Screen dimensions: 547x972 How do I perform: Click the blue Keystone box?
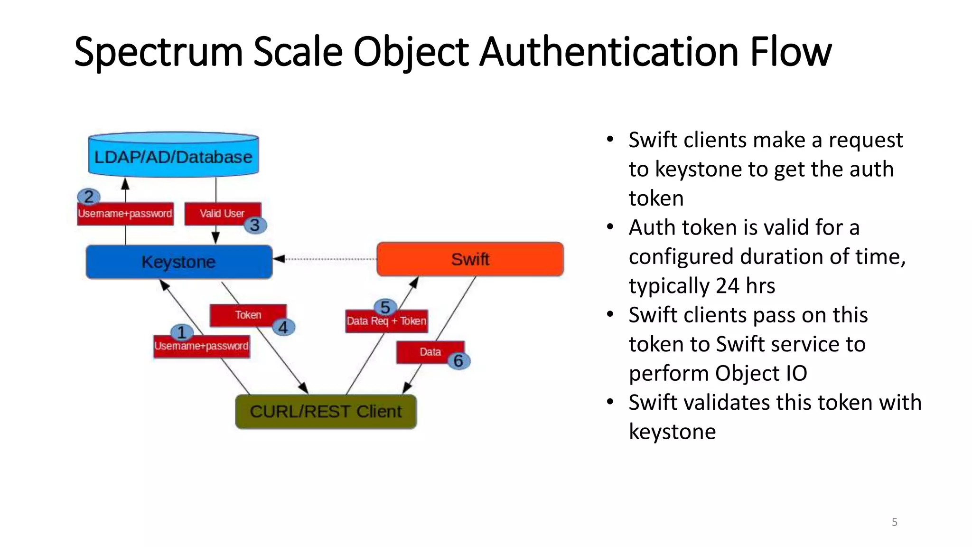tap(179, 262)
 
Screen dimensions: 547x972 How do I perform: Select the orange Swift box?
tap(470, 259)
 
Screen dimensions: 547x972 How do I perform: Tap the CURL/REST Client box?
tap(326, 411)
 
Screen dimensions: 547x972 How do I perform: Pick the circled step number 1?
tap(181, 332)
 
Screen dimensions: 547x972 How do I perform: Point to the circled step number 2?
tap(89, 197)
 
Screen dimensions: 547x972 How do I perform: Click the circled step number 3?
tap(255, 225)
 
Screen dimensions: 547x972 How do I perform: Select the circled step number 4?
tap(283, 327)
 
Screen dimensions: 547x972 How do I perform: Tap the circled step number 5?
tap(385, 307)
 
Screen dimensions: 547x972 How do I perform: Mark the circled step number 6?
tap(458, 361)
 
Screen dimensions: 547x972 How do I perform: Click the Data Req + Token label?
tap(386, 321)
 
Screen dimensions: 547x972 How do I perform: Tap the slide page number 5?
tap(894, 522)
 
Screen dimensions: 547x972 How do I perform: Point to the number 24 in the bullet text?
tap(727, 286)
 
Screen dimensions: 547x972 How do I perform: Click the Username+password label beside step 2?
tap(125, 214)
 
